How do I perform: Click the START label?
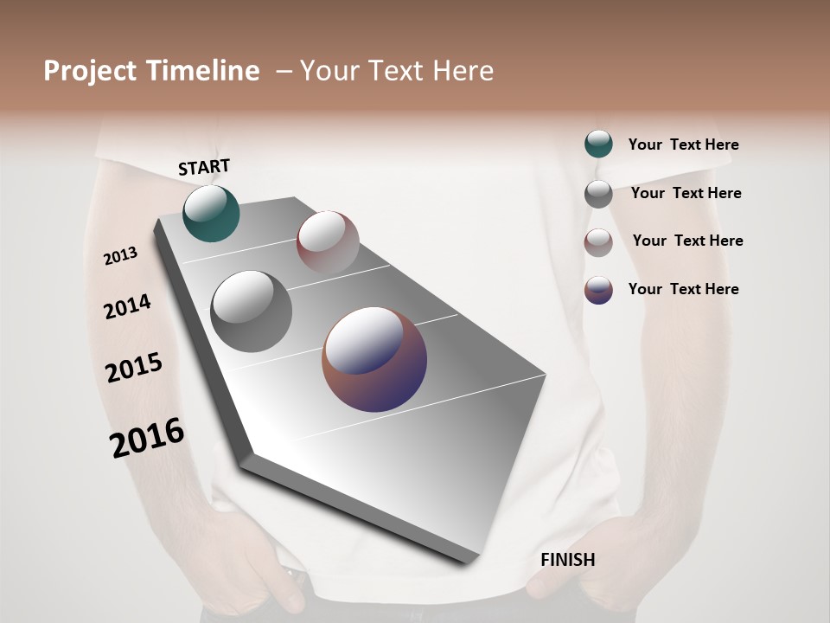(204, 167)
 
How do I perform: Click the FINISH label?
(567, 560)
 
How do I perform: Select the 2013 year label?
(120, 256)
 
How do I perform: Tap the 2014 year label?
(127, 306)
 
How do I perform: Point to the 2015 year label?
(134, 368)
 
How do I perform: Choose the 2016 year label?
(147, 438)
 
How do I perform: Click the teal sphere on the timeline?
(211, 214)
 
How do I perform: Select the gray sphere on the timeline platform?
(251, 311)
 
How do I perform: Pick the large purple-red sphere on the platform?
(374, 359)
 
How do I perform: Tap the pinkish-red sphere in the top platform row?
(328, 242)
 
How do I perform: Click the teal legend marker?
(598, 145)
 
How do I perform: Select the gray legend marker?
(598, 194)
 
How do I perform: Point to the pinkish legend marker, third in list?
(598, 242)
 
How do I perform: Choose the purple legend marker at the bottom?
(598, 290)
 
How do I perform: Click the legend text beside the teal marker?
(683, 145)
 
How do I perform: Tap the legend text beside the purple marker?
(683, 289)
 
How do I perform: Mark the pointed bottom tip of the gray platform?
(467, 561)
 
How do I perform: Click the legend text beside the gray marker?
(686, 193)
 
